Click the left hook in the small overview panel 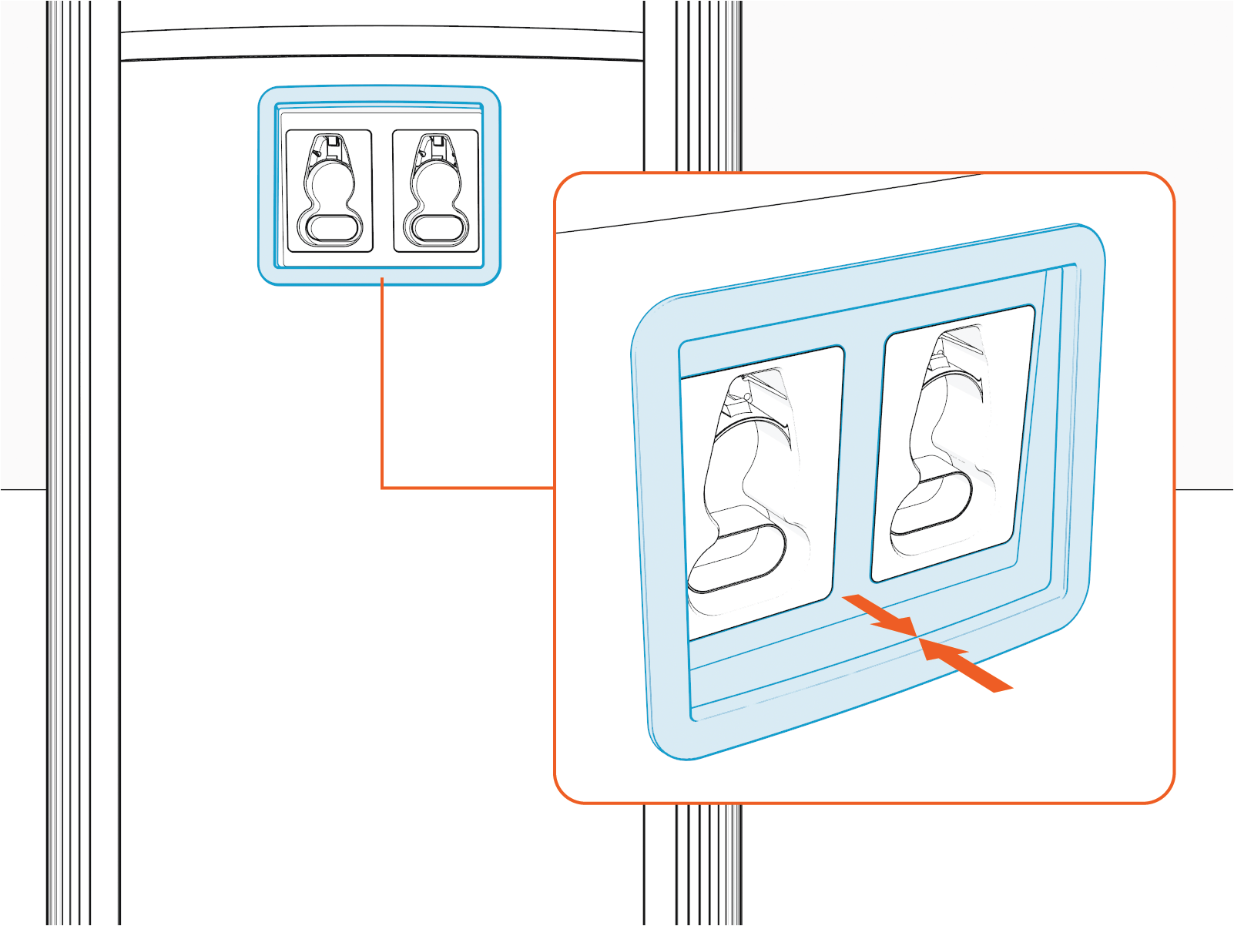coord(330,191)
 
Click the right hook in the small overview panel coord(436,191)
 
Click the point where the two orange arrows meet coord(917,636)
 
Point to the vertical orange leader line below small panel coord(382,385)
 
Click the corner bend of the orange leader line coord(382,488)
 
